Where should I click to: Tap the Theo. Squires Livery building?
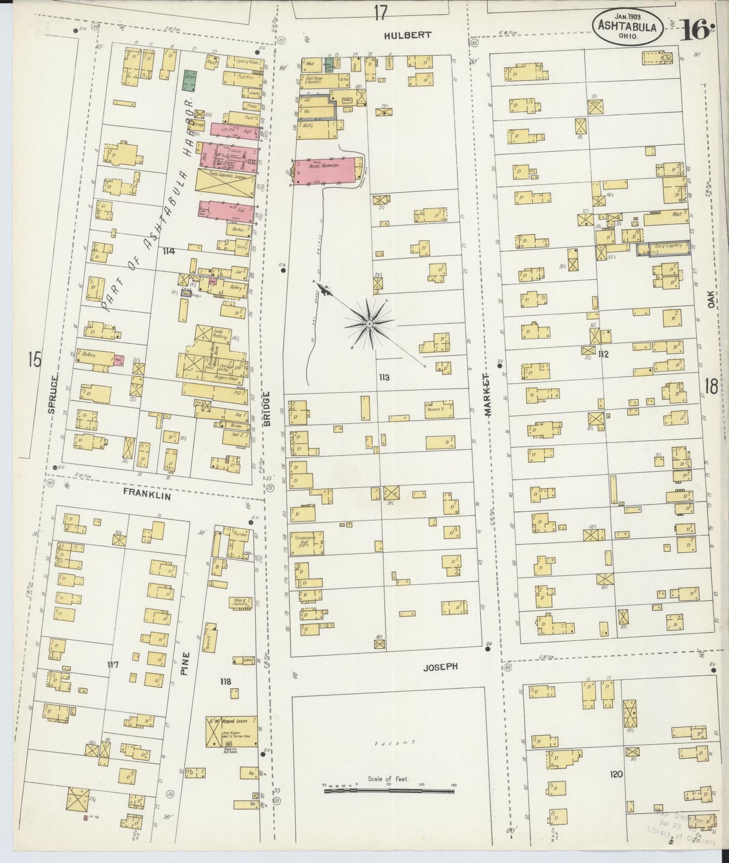[x=225, y=183]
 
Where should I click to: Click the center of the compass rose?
[x=369, y=323]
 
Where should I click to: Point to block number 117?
[x=112, y=665]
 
